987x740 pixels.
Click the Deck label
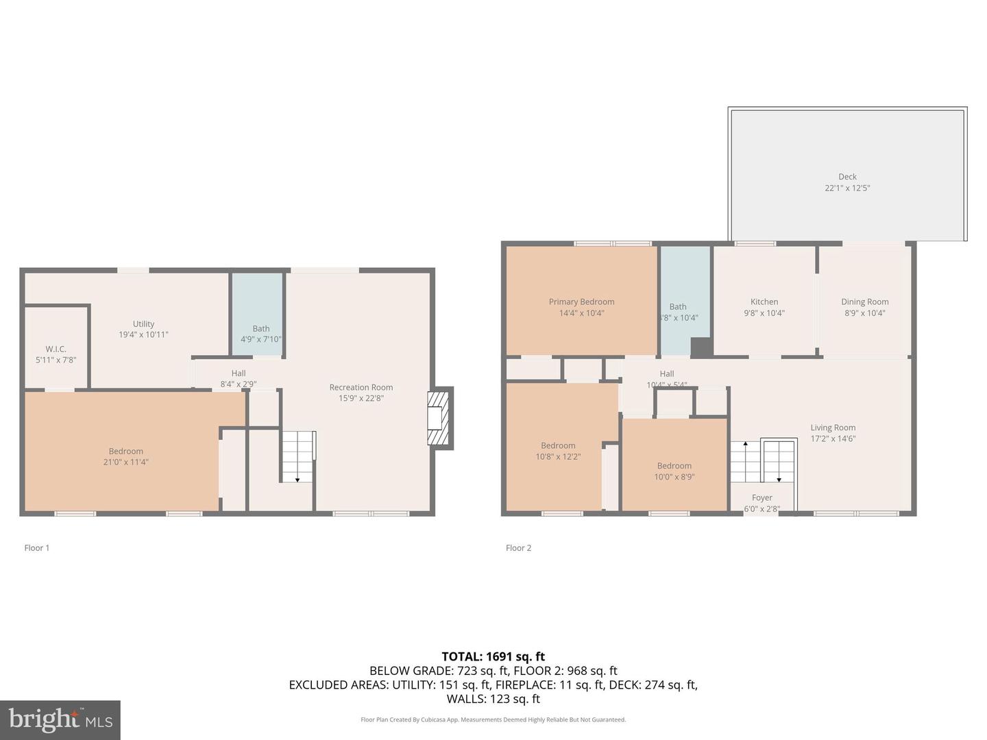point(847,177)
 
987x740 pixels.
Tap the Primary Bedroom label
point(581,302)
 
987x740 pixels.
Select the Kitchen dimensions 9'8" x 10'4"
point(764,313)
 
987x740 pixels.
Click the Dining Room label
point(864,302)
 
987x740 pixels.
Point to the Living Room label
point(833,428)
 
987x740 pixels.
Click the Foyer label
point(761,498)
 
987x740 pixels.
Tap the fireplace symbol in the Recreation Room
point(437,417)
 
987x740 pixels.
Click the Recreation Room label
point(361,387)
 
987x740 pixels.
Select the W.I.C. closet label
point(56,349)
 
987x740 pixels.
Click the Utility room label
point(143,324)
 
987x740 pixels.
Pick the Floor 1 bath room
point(258,315)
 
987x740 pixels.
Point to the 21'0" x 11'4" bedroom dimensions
point(125,463)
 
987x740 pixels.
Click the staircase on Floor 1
point(297,456)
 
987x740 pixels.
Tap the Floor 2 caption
point(518,548)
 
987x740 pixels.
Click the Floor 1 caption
point(37,548)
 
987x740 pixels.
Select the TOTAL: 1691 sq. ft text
point(493,656)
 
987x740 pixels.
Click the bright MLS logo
point(60,719)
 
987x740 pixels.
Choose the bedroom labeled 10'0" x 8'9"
point(674,466)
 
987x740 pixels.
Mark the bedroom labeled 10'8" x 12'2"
point(558,446)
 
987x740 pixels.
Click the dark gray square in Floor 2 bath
point(700,347)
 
